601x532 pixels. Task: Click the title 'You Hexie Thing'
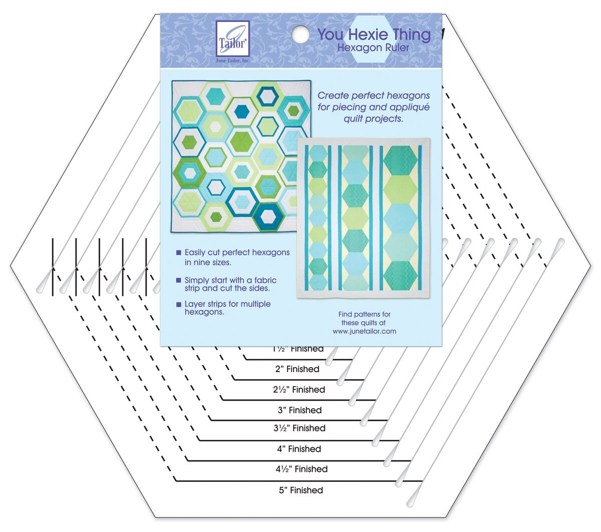coord(374,35)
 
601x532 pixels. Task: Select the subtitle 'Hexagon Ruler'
coord(373,48)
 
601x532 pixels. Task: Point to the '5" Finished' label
coord(300,490)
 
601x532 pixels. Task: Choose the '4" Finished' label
coord(299,449)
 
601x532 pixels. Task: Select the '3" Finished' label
coord(299,410)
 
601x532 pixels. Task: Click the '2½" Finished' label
coord(299,390)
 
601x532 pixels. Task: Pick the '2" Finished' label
coord(297,369)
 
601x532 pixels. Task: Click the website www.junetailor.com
coord(364,331)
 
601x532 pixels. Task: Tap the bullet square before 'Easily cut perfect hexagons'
coord(178,253)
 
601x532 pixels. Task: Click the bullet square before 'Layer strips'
coord(178,305)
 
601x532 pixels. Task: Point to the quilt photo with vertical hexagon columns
coord(363,218)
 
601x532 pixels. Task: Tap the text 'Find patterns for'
coord(364,315)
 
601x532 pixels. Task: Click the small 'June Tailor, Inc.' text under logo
coord(232,61)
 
